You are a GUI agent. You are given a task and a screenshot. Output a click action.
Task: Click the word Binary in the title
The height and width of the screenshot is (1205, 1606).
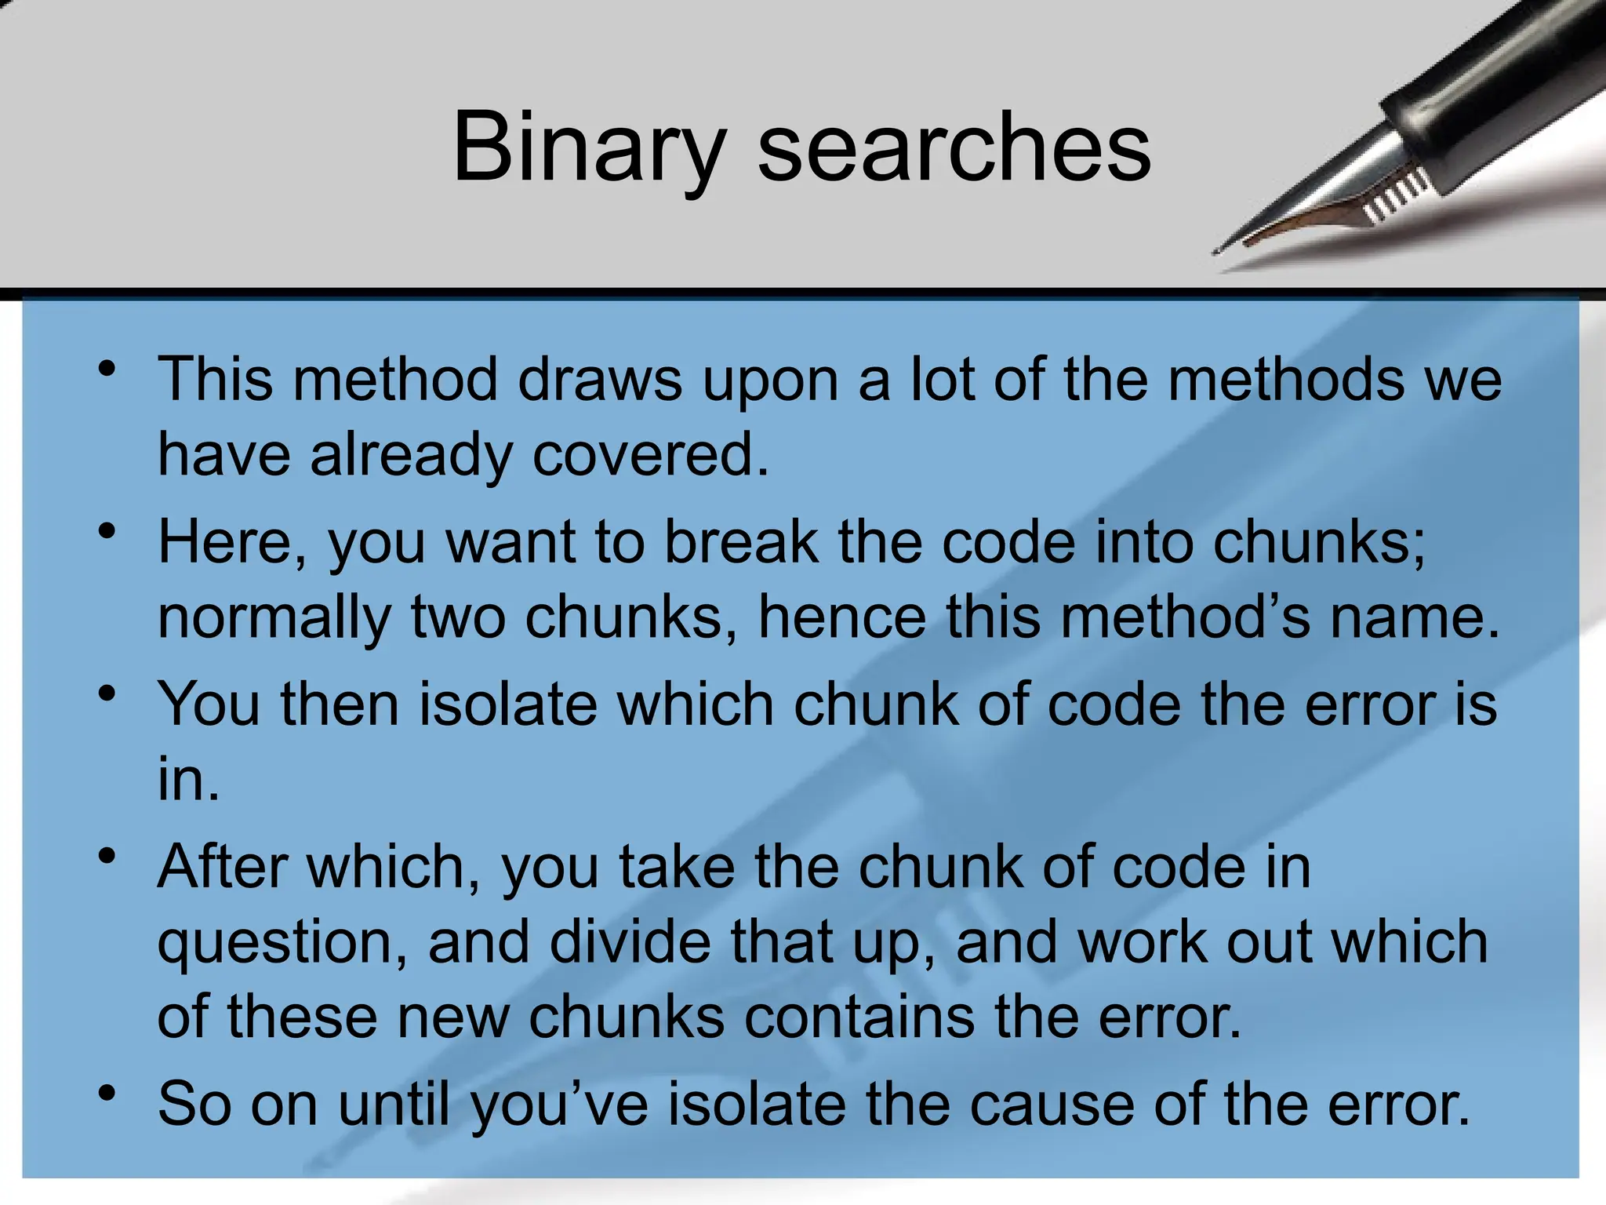click(588, 147)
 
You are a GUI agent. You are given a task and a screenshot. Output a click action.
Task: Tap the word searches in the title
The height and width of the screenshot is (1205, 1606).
click(954, 147)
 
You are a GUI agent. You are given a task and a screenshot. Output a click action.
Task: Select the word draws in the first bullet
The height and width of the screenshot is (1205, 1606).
click(600, 380)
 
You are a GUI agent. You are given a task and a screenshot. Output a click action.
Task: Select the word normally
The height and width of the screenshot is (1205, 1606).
click(274, 617)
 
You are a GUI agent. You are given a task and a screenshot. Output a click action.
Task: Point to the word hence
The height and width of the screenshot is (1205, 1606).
click(841, 617)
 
